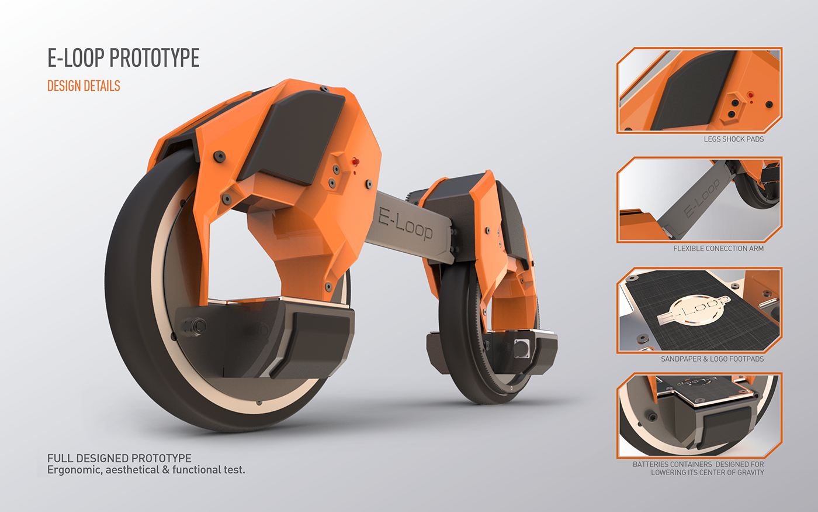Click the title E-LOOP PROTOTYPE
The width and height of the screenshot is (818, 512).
123,58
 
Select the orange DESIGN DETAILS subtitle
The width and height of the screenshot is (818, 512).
84,86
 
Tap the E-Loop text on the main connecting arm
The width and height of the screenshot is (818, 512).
405,223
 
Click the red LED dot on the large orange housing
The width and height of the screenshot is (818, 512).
354,161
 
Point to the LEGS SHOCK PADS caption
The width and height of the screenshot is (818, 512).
733,139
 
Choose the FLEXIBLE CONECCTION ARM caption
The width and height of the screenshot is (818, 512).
718,249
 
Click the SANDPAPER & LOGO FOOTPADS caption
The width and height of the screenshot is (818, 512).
712,359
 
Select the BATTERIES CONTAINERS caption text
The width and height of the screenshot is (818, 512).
698,468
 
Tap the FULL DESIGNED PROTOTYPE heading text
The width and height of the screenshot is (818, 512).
119,458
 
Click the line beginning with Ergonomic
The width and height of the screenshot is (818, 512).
146,470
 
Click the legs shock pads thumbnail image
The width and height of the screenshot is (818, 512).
699,91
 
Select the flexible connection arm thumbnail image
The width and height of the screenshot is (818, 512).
699,200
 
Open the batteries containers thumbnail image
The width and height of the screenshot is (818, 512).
699,415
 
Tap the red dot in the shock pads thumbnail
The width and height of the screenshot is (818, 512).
750,94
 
